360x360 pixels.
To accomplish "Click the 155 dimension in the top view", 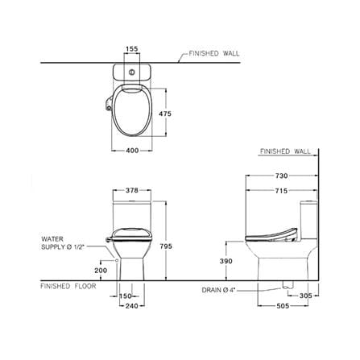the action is click(132, 49).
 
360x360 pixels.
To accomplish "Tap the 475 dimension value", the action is click(165, 114).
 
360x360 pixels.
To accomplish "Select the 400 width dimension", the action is click(132, 151).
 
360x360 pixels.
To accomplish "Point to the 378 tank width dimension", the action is click(132, 190).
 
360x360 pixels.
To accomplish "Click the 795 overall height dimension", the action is click(166, 246).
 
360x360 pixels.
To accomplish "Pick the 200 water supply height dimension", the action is click(101, 271).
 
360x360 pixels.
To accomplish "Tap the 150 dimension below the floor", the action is click(126, 296).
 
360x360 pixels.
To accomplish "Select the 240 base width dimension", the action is click(132, 306).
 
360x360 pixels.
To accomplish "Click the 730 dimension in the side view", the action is click(281, 176).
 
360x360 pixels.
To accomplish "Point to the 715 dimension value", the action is click(281, 191).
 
